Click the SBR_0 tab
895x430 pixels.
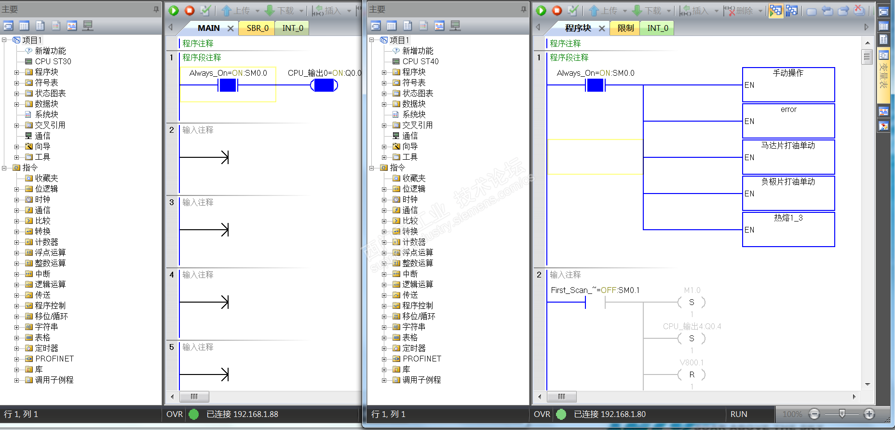[x=257, y=28]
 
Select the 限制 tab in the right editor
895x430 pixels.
[x=625, y=28]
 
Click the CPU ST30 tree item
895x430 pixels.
[x=53, y=61]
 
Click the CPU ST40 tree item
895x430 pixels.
[x=420, y=61]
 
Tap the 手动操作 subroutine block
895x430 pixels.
[x=788, y=84]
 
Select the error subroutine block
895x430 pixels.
[x=788, y=121]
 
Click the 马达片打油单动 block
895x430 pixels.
[x=788, y=157]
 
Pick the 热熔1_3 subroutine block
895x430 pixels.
[x=788, y=229]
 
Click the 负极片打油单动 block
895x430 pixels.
[x=788, y=193]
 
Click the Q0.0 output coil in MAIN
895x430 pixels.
[x=324, y=85]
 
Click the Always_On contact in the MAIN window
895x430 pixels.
[x=228, y=85]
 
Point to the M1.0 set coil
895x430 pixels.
[x=692, y=302]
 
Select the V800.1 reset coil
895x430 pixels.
[x=692, y=375]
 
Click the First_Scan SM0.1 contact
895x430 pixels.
[x=595, y=302]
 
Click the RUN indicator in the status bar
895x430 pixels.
[x=738, y=414]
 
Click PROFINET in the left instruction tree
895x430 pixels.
[x=54, y=359]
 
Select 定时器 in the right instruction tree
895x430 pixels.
[x=414, y=348]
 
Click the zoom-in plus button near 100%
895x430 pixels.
[x=869, y=414]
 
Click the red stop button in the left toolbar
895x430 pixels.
[x=190, y=10]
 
